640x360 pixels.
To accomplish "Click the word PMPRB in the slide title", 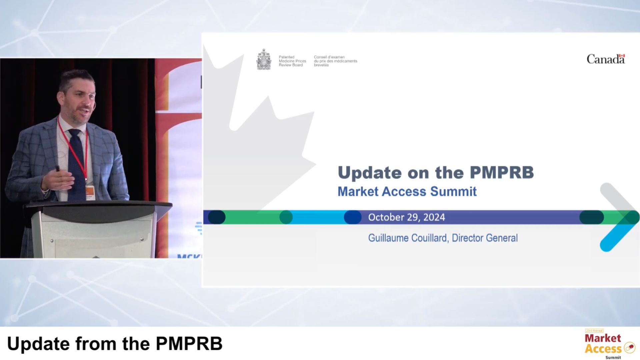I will click(502, 173).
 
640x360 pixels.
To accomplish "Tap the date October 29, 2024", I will click(406, 217).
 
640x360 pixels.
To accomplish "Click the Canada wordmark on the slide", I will click(605, 59).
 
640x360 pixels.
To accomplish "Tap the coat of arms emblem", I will click(264, 60).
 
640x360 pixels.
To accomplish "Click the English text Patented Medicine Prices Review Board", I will click(292, 61).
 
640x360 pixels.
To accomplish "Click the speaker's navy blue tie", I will click(77, 160).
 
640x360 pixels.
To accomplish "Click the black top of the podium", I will click(97, 208).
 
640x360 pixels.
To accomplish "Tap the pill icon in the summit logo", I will click(629, 348).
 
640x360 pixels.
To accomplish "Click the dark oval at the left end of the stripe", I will click(217, 217).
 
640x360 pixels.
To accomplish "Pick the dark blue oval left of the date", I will click(352, 217).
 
